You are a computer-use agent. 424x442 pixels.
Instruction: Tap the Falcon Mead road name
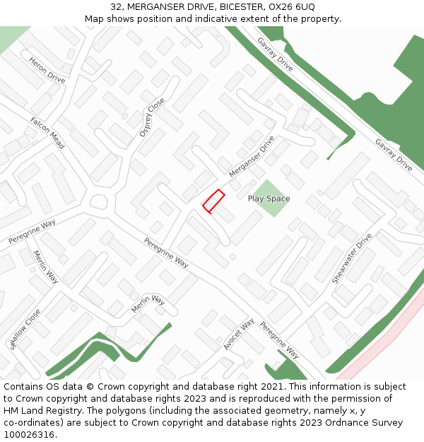pos(47,133)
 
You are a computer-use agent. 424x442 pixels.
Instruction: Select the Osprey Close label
pos(152,117)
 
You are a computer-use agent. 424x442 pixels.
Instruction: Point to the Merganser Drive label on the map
pos(252,157)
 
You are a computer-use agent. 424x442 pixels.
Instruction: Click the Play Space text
pos(269,199)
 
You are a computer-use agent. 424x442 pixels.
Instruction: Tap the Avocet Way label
pos(239,334)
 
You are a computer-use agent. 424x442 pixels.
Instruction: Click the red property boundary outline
pos(213,201)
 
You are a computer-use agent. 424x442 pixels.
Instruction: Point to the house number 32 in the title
pos(117,7)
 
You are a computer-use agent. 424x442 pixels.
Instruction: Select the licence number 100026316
pos(28,435)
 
